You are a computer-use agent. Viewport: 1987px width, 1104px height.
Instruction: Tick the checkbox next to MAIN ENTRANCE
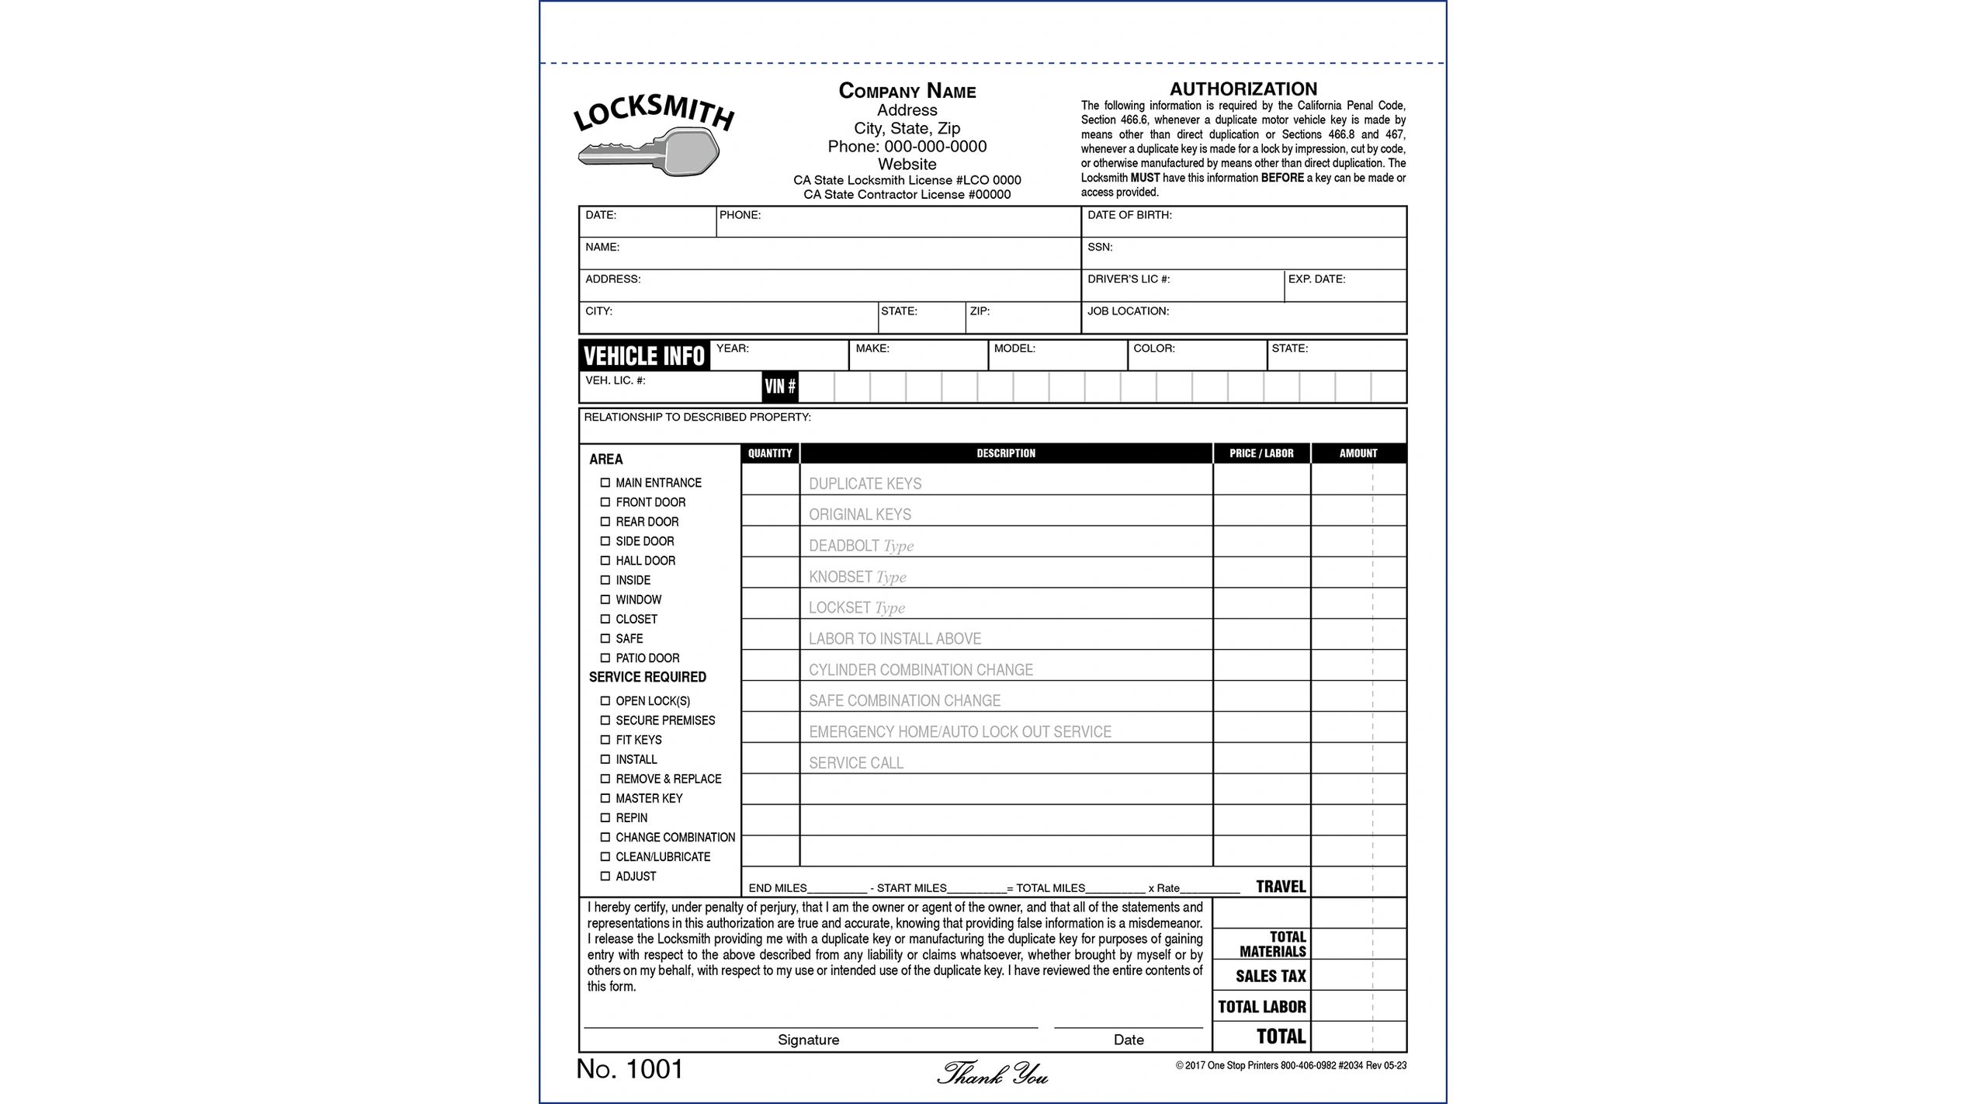[605, 482]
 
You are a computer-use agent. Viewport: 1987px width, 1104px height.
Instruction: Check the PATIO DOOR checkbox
[605, 658]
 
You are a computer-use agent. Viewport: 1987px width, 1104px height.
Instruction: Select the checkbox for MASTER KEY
[605, 798]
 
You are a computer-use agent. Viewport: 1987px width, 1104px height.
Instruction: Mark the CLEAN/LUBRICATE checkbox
[605, 856]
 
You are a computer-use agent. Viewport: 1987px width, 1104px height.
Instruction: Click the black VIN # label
[779, 386]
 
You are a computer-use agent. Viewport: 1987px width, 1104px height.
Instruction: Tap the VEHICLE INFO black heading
[643, 356]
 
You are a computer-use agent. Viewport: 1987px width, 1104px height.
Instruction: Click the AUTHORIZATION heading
[1243, 89]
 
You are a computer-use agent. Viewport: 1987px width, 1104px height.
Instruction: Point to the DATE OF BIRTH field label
[1129, 215]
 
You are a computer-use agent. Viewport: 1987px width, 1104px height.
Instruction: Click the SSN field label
[1100, 247]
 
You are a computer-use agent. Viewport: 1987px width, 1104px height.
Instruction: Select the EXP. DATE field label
[1316, 279]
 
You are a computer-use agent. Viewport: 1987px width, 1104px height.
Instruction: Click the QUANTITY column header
[769, 453]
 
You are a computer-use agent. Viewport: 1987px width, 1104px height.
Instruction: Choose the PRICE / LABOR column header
[1261, 453]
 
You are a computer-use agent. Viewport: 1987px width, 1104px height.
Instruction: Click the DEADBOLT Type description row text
[861, 546]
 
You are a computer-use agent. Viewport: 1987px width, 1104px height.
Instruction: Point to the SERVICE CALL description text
[855, 762]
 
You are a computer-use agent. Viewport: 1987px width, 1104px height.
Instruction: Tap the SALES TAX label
[1271, 976]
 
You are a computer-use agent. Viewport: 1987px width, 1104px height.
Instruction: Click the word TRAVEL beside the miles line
[1281, 886]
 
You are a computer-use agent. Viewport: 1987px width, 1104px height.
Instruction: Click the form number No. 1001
[629, 1069]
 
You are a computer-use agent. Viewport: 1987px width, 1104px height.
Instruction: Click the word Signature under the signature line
[808, 1040]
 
